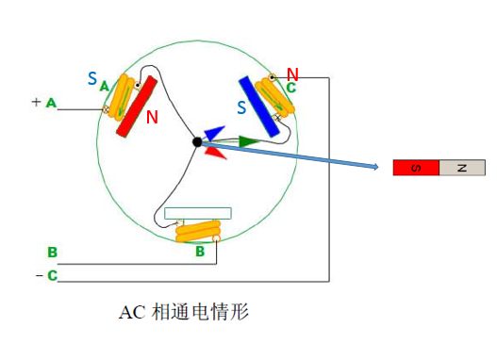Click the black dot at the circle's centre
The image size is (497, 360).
coord(197,141)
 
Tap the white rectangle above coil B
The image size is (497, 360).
coord(198,213)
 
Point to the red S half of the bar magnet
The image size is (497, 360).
coord(415,168)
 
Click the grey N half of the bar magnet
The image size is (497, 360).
coord(461,168)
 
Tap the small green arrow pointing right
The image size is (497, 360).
coord(247,141)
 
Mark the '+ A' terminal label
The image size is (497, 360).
coord(44,102)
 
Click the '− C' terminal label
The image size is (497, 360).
coord(48,275)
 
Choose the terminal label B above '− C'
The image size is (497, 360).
coord(53,253)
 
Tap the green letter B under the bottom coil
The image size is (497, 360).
coord(200,252)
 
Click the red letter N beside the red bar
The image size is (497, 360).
coord(153,117)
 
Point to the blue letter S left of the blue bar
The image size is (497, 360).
coord(241,108)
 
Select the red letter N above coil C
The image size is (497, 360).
coord(292,74)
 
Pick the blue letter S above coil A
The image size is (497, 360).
coord(92,79)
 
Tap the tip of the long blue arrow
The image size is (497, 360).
coord(377,168)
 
